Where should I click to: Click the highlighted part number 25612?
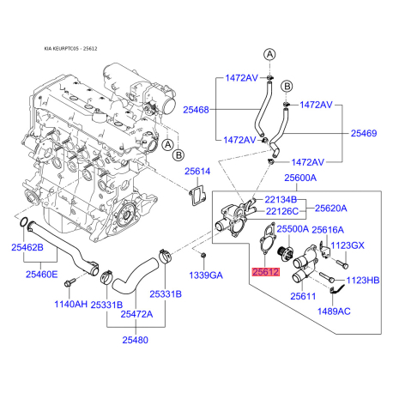coord(265,272)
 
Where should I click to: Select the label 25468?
coord(196,110)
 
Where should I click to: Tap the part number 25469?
coord(364,133)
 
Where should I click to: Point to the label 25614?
coord(197,172)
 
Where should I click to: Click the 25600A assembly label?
coord(300,178)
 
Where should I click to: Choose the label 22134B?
coord(281,199)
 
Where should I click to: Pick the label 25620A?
coord(331,209)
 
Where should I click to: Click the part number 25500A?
coord(293,229)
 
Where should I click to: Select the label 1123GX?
coord(348,245)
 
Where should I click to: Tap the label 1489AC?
coord(334,311)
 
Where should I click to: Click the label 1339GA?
coord(206,275)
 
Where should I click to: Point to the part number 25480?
coord(136,340)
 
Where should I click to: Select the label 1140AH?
coord(71,304)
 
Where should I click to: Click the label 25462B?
coord(27,247)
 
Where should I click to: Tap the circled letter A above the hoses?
coord(269,54)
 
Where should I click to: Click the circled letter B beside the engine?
coord(178,155)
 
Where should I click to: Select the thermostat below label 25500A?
coord(284,252)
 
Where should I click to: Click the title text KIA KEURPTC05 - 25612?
coord(70,49)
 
